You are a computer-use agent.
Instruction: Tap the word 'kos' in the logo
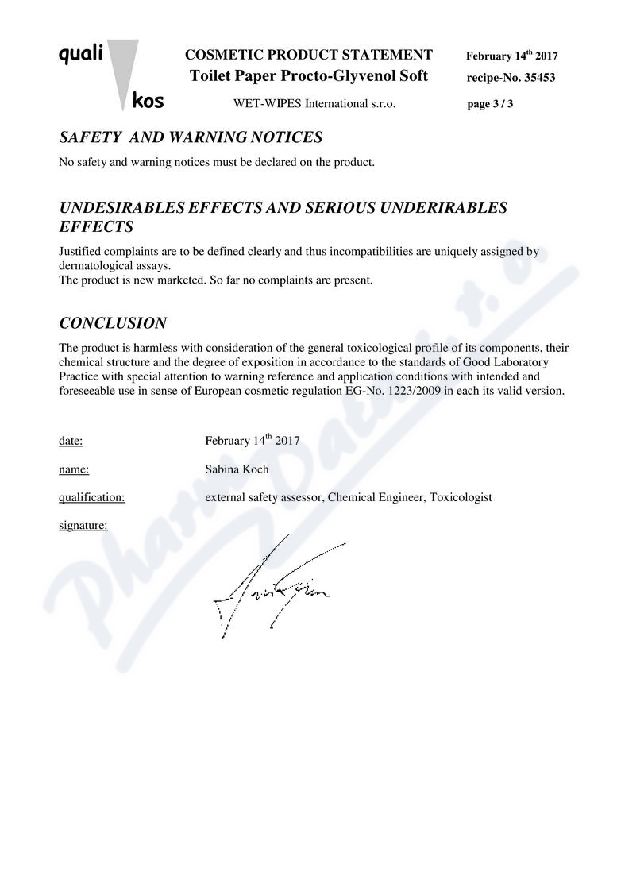pyautogui.click(x=148, y=101)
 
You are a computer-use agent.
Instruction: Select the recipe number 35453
pyautogui.click(x=534, y=78)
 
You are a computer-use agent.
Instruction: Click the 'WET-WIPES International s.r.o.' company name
pyautogui.click(x=314, y=103)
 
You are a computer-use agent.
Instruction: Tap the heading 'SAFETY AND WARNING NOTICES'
pyautogui.click(x=191, y=137)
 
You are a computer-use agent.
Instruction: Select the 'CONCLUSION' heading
pyautogui.click(x=113, y=323)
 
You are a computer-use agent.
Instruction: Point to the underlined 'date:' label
pyautogui.click(x=71, y=441)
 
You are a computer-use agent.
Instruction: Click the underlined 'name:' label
pyautogui.click(x=74, y=469)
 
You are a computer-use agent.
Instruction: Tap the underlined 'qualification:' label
pyautogui.click(x=92, y=497)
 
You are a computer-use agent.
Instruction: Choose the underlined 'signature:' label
pyautogui.click(x=83, y=525)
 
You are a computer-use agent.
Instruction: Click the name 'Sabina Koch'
pyautogui.click(x=237, y=469)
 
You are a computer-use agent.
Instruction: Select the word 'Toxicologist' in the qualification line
pyautogui.click(x=462, y=497)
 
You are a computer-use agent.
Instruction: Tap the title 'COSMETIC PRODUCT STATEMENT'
pyautogui.click(x=309, y=55)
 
